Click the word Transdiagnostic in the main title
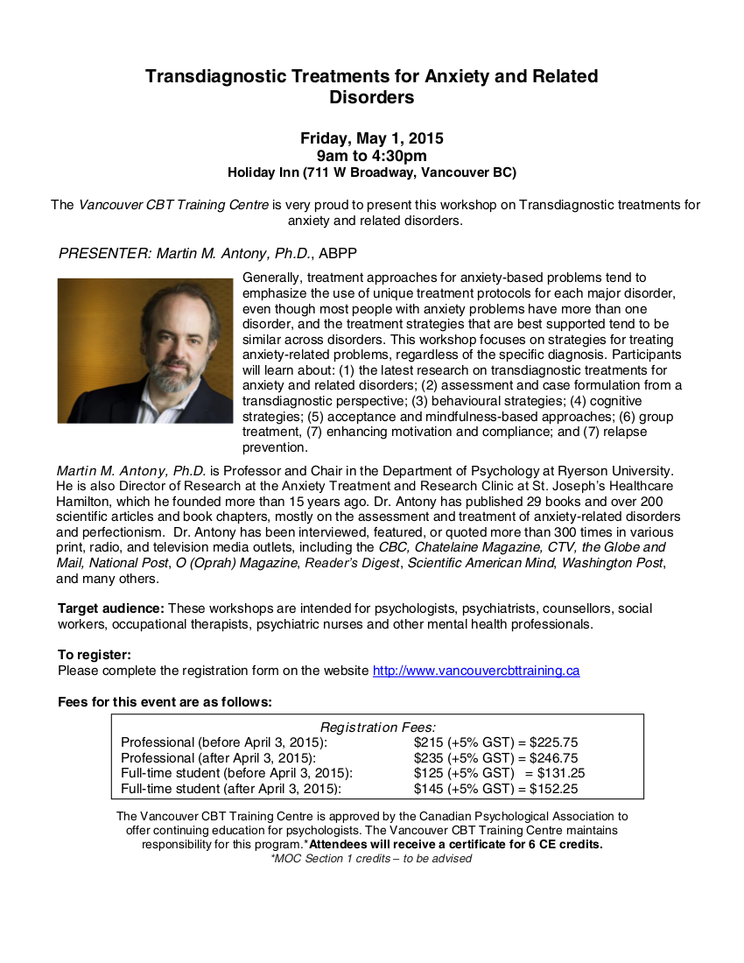(x=221, y=76)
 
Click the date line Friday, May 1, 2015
(x=372, y=138)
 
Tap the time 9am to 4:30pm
(x=372, y=156)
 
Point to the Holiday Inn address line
(x=372, y=172)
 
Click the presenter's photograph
(x=145, y=350)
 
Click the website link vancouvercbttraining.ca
(x=476, y=671)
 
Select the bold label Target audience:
(x=111, y=608)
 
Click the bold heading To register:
(x=95, y=655)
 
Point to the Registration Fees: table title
(x=378, y=727)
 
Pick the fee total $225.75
(x=553, y=742)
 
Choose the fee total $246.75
(x=553, y=757)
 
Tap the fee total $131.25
(x=557, y=773)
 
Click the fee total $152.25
(x=553, y=789)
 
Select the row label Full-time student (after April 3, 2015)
(x=230, y=789)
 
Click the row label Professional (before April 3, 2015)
(x=224, y=742)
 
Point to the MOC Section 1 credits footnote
(x=372, y=859)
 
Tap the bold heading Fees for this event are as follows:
(x=165, y=701)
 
